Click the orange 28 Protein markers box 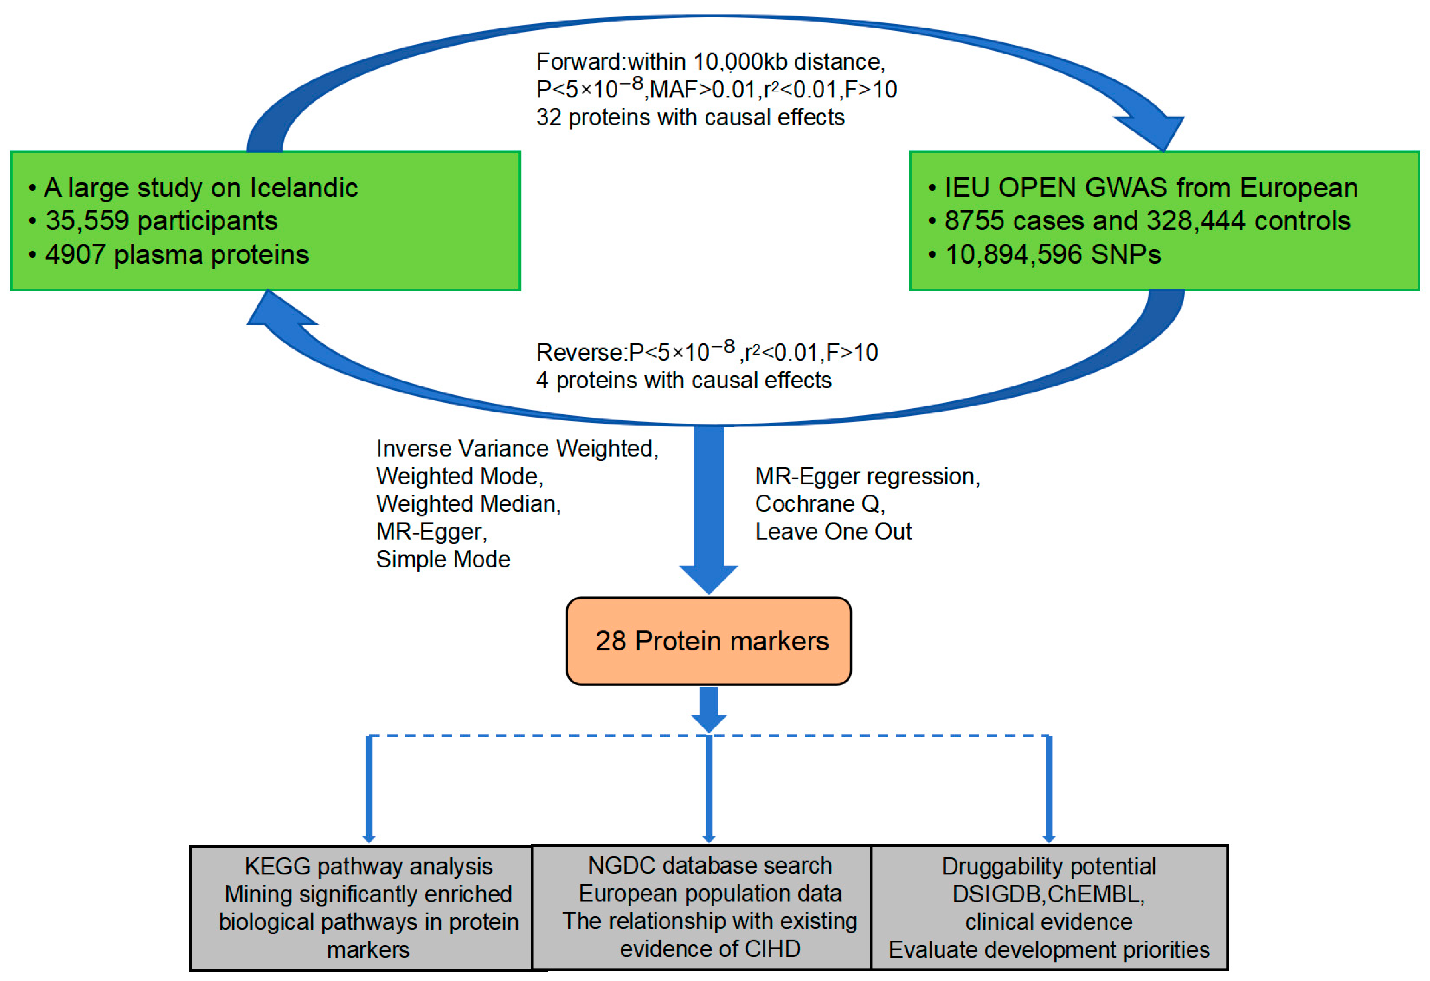[708, 641]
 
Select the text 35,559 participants [161, 221]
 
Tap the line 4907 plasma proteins [176, 255]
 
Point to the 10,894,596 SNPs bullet [1052, 255]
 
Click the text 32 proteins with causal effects [690, 117]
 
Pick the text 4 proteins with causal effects [683, 381]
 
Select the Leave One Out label [833, 532]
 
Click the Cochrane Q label [819, 504]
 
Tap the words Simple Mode [443, 559]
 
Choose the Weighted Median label [468, 504]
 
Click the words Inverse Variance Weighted [517, 449]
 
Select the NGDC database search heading [710, 866]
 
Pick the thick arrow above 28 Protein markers [708, 511]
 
